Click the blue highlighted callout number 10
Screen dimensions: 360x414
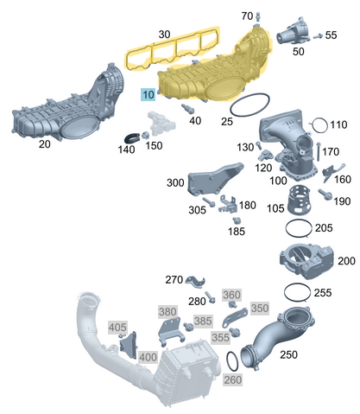pos(148,95)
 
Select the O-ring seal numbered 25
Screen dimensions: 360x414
pos(231,110)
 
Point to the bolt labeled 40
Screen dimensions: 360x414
pos(187,109)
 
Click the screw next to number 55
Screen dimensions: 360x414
pos(318,36)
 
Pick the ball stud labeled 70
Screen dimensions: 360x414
pos(257,17)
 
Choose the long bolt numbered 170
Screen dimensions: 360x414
pos(319,151)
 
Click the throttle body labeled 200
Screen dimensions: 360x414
pos(306,261)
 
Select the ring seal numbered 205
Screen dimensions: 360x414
pos(286,228)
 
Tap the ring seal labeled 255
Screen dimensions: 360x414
pos(285,292)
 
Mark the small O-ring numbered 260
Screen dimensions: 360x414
pos(228,360)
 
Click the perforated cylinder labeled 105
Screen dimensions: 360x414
pos(299,199)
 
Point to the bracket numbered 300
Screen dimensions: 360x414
pos(214,180)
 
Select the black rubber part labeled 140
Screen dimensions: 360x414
pos(133,138)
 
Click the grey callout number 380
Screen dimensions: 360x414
pos(167,312)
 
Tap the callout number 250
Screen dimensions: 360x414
pos(288,354)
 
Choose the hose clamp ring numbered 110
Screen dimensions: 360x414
pos(327,125)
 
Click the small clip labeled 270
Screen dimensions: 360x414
pos(195,282)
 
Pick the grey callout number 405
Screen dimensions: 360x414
pos(117,328)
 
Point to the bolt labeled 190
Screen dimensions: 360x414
pos(325,194)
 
